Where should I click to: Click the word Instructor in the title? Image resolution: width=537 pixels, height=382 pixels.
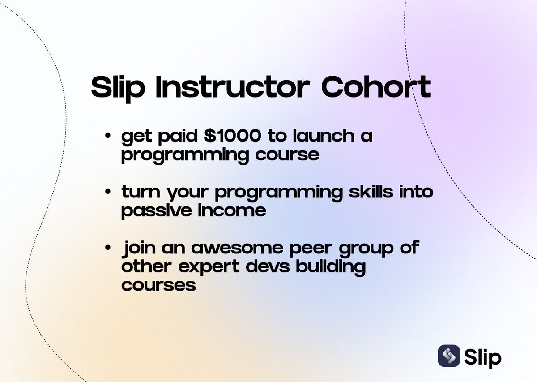[233, 87]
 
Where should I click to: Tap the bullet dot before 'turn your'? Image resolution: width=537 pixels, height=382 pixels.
[108, 192]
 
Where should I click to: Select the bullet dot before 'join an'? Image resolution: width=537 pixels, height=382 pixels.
[108, 248]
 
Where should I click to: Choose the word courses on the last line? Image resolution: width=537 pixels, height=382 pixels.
[158, 285]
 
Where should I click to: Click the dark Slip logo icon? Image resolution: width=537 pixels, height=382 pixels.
[449, 356]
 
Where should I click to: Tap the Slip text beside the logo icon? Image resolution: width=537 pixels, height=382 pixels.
[483, 356]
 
